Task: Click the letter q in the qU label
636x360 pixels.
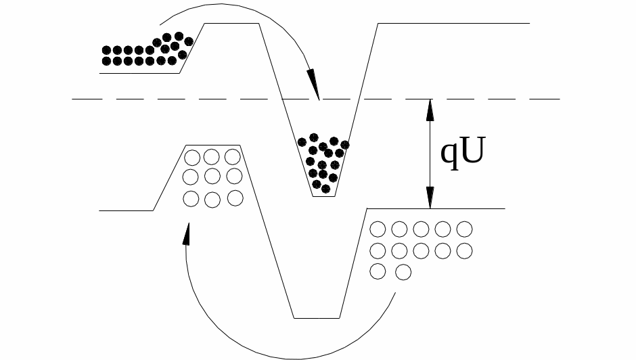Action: coord(449,156)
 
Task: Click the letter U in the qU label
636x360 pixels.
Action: coord(472,151)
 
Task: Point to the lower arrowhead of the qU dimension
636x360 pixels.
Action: coord(430,198)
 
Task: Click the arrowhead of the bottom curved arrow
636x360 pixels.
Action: coord(187,233)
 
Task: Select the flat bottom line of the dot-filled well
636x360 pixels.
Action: coord(323,196)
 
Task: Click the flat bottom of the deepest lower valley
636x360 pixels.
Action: coord(317,318)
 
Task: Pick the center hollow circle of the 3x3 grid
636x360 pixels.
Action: coord(212,176)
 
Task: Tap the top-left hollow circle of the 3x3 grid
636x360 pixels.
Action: coord(192,158)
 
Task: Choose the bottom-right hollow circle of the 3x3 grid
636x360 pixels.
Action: coord(235,198)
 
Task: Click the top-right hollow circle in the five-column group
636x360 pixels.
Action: coord(464,229)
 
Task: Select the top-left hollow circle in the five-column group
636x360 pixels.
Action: coord(378,229)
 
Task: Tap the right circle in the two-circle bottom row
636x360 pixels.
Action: coord(403,272)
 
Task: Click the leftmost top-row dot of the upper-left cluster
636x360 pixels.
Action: coord(106,50)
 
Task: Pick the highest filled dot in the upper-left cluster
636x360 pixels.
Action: coord(179,37)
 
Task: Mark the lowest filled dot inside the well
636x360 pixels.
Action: coord(325,189)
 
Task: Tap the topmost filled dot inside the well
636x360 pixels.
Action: coord(313,137)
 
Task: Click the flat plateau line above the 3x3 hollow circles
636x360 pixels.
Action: coord(213,145)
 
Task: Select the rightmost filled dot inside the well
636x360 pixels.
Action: coord(345,145)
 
